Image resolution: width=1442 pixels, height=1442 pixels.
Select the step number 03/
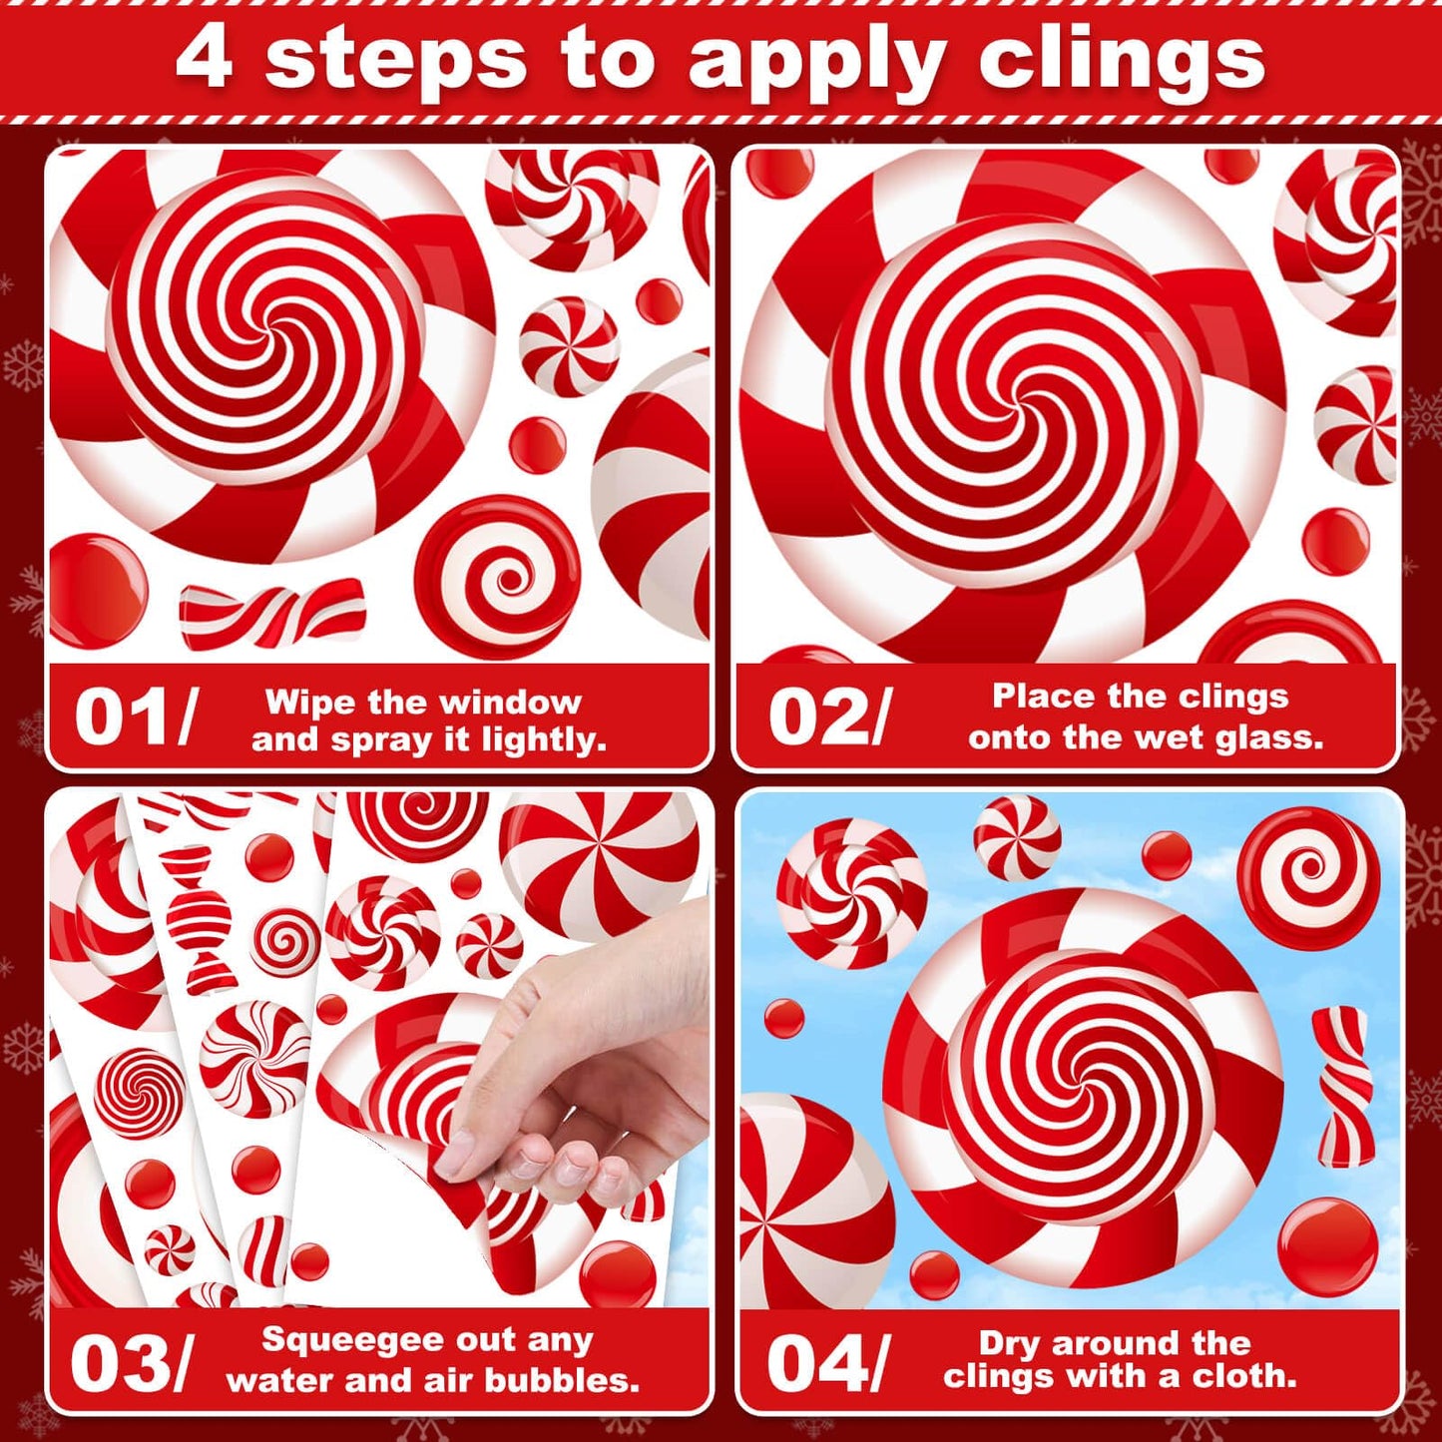coord(129,1363)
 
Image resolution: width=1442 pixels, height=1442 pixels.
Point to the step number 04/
coord(827,1363)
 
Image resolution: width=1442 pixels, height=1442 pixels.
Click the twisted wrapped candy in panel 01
coord(271,612)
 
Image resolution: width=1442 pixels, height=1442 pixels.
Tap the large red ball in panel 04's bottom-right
coord(1327,1246)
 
